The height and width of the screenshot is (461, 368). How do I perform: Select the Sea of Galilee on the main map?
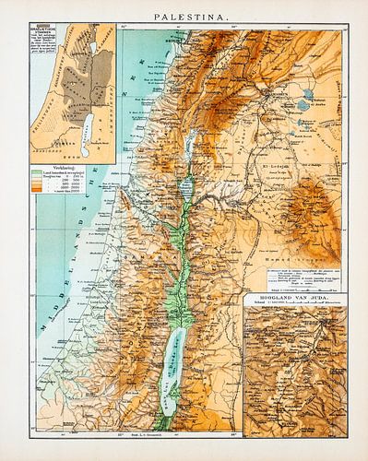(191, 144)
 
